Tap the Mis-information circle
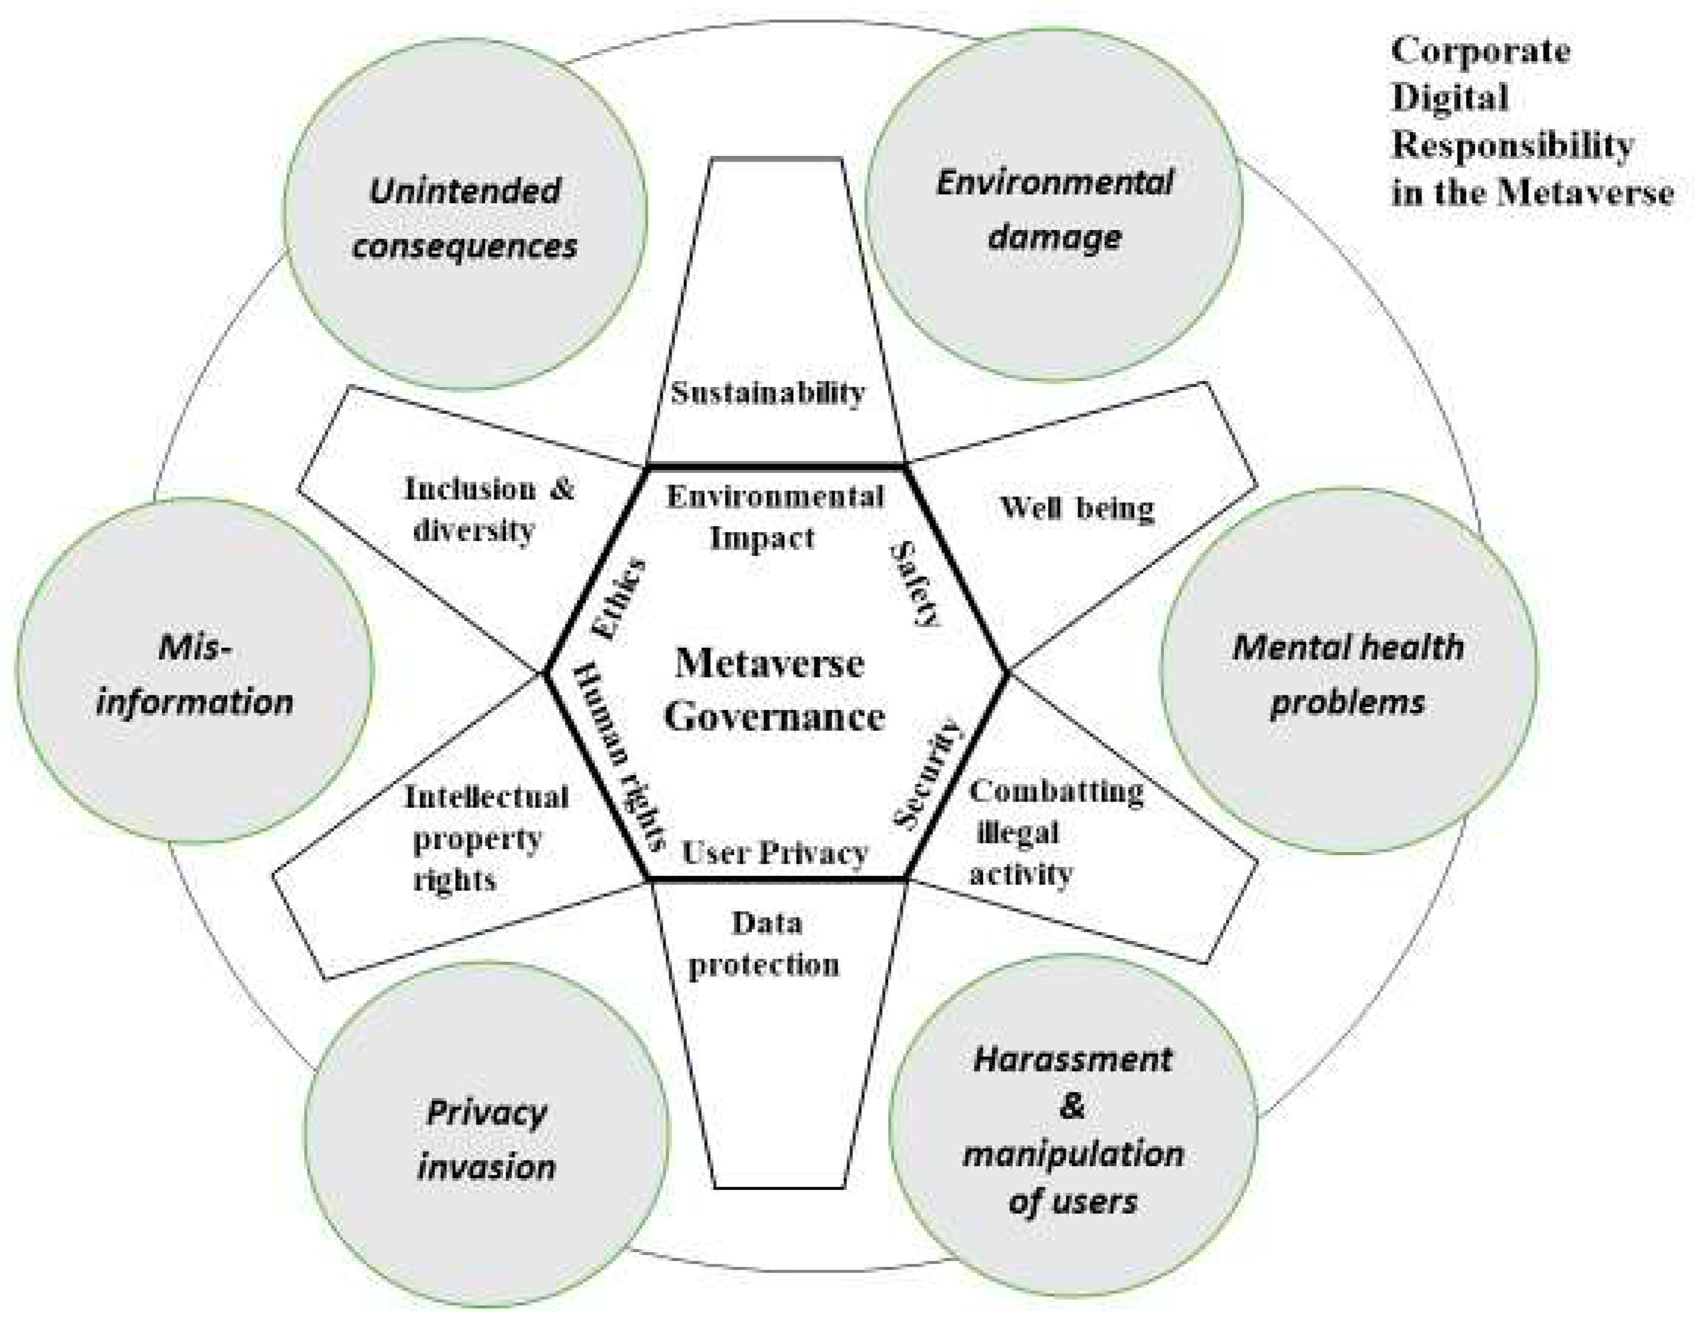point(194,673)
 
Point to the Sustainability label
point(768,393)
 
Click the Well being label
point(1076,508)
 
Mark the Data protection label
point(765,944)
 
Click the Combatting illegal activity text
point(1055,832)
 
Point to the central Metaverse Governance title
point(773,690)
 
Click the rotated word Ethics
point(619,599)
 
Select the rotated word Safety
point(915,585)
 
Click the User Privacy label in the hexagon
point(775,854)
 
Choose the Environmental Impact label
point(775,517)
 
